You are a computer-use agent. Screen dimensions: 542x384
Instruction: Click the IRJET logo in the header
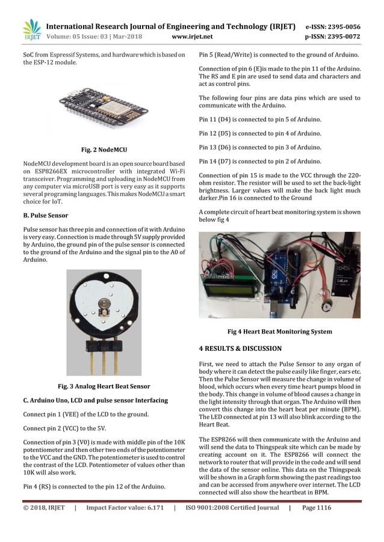click(x=31, y=31)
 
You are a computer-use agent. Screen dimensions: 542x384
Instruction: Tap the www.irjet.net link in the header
click(x=192, y=37)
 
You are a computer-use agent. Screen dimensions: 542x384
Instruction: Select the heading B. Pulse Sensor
click(x=45, y=215)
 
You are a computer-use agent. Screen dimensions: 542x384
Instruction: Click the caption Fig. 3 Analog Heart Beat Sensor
click(x=104, y=386)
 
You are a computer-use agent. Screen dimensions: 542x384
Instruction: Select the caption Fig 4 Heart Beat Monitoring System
click(x=279, y=332)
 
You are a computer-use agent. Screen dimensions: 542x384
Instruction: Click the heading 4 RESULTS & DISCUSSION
click(x=240, y=349)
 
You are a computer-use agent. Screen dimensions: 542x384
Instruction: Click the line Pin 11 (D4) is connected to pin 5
click(x=259, y=118)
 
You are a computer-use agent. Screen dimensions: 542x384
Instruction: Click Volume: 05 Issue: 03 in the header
click(x=86, y=37)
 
